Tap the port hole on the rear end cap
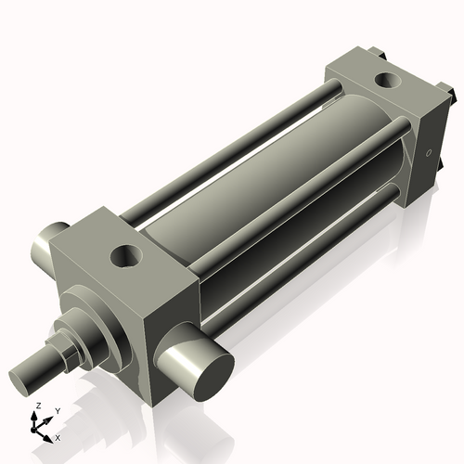point(380,82)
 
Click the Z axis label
point(37,406)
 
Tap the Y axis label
point(58,410)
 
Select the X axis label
point(58,436)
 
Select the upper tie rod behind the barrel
point(232,130)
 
